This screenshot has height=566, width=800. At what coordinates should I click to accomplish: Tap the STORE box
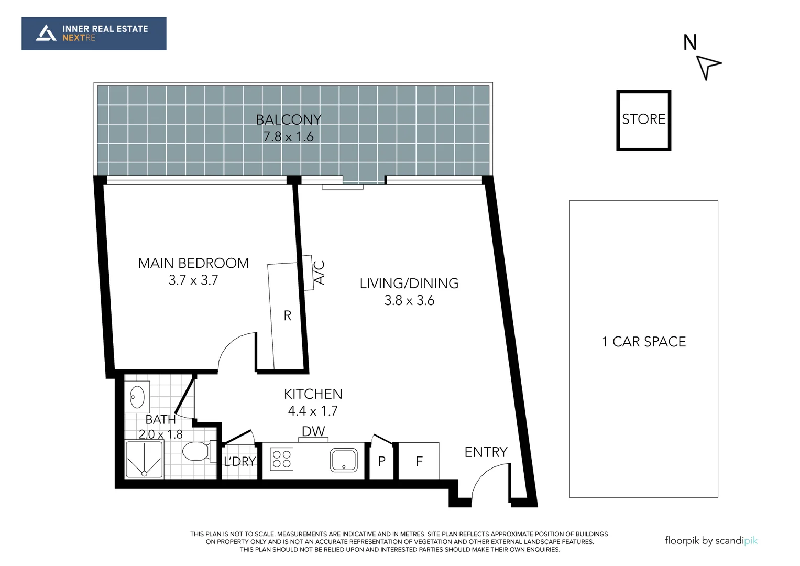point(643,120)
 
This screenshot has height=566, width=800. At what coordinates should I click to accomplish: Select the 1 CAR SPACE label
point(644,342)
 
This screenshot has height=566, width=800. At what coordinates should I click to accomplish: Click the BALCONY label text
point(288,119)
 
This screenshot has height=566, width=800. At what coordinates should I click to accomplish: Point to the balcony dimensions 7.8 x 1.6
point(288,137)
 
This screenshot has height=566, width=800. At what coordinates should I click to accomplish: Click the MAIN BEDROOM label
point(193,263)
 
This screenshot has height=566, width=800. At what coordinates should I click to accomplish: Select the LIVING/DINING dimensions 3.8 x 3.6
point(409,300)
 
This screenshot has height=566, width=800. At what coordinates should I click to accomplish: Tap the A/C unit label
point(319,273)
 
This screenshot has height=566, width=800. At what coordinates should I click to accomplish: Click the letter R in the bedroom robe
point(287,315)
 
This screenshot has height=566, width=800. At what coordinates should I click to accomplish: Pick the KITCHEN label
point(313,394)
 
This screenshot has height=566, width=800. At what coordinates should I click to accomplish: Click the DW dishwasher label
point(313,431)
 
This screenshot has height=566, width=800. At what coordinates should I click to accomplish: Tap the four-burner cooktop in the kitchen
point(282,460)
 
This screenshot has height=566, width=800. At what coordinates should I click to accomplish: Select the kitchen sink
point(344,460)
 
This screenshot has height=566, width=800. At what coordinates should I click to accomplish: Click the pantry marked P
point(382,461)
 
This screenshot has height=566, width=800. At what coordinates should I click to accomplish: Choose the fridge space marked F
point(419,461)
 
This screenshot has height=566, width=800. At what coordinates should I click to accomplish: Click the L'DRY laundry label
point(239,461)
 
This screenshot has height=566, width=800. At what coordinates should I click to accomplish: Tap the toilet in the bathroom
point(196,451)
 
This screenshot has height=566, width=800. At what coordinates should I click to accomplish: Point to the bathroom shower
point(144,459)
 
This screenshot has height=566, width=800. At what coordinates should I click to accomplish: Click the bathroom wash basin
point(137,397)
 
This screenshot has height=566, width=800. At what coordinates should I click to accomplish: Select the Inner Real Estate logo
point(94,34)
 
